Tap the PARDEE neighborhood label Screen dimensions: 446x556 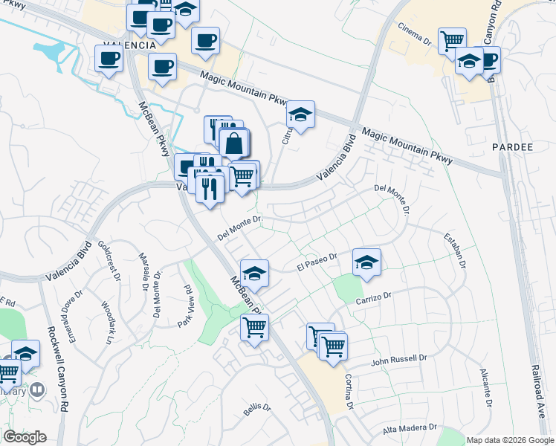[513, 147]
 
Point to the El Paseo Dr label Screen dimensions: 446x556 [317, 263]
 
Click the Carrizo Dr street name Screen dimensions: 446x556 [373, 296]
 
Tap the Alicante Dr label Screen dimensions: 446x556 [487, 387]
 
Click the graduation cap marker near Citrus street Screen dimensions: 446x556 [300, 115]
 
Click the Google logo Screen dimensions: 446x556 [25, 437]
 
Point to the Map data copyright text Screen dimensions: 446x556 [511, 440]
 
